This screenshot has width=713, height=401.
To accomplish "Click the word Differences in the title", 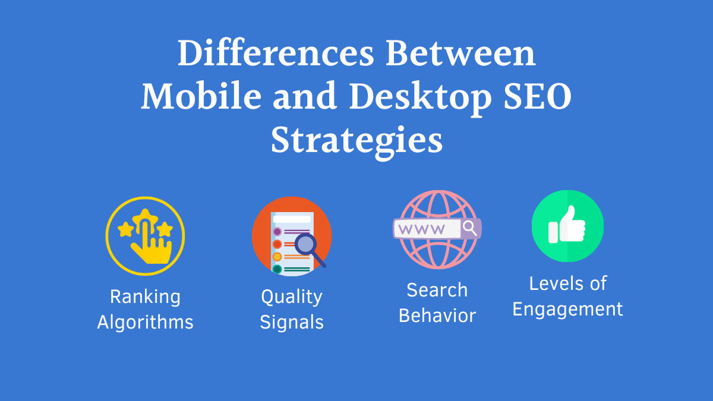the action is click(276, 53).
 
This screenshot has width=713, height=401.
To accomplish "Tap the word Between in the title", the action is click(460, 53).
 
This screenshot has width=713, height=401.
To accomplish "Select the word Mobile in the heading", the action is click(201, 96).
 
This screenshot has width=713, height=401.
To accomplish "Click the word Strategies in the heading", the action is click(356, 142).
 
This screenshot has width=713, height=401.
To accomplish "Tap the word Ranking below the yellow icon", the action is click(145, 298).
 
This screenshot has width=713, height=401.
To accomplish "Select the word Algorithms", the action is click(145, 323).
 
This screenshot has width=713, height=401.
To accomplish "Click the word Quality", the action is click(292, 298).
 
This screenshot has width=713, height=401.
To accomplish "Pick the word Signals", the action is click(292, 323).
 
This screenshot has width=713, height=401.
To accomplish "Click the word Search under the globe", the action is click(437, 290).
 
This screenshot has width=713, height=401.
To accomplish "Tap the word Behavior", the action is click(437, 315).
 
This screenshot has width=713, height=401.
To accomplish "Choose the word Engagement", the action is click(567, 310).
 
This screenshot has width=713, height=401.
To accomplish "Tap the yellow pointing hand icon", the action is click(152, 242).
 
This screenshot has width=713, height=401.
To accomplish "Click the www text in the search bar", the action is click(421, 229).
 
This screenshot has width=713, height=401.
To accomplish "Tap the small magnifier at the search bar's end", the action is click(470, 229).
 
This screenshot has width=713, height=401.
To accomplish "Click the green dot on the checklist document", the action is click(277, 269).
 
